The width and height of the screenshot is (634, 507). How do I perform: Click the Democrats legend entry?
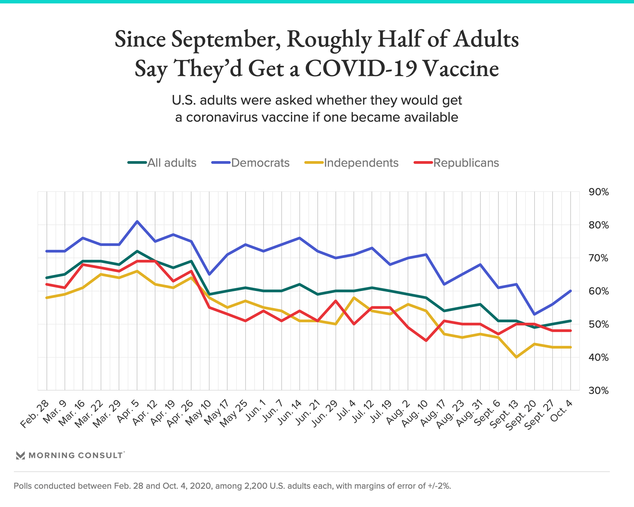251,163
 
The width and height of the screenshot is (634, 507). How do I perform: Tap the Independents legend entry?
352,163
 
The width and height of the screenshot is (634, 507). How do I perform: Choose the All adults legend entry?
162,163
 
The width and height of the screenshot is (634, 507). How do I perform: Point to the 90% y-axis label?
599,192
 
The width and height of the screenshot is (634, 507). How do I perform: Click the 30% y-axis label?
599,390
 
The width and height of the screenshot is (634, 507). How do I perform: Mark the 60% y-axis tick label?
599,291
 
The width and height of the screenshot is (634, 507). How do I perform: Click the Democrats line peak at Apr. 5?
137,221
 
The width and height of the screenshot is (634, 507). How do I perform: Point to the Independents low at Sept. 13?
516,357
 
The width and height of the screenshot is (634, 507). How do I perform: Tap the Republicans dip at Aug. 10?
426,341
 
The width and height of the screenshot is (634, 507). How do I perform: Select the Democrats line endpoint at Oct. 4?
571,291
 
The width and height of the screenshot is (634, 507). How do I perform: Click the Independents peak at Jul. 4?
354,297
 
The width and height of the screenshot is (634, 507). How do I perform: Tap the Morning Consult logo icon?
20,456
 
